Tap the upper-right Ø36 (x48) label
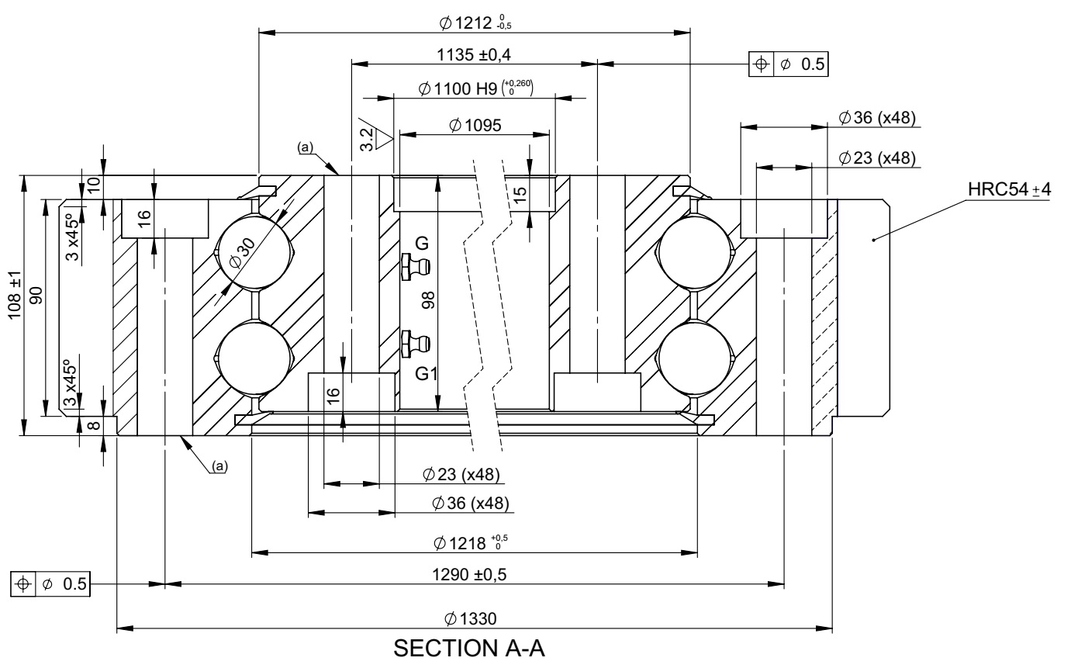click(x=877, y=117)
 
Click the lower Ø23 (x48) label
click(x=461, y=474)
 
